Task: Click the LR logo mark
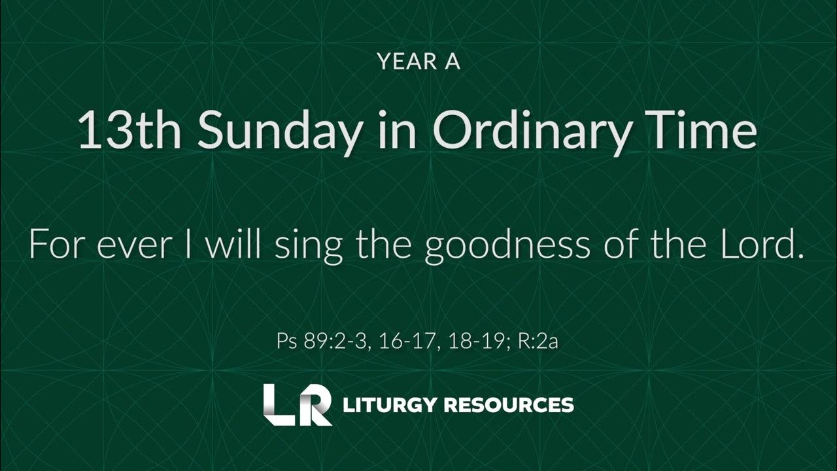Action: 297,405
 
